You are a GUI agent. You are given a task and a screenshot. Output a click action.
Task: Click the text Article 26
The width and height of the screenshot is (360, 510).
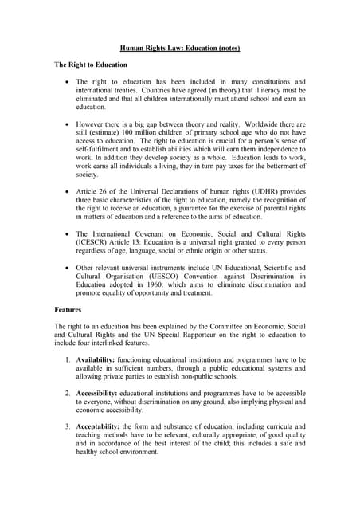pos(95,193)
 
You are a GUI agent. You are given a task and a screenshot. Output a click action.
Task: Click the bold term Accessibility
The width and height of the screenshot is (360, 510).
pos(103,394)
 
